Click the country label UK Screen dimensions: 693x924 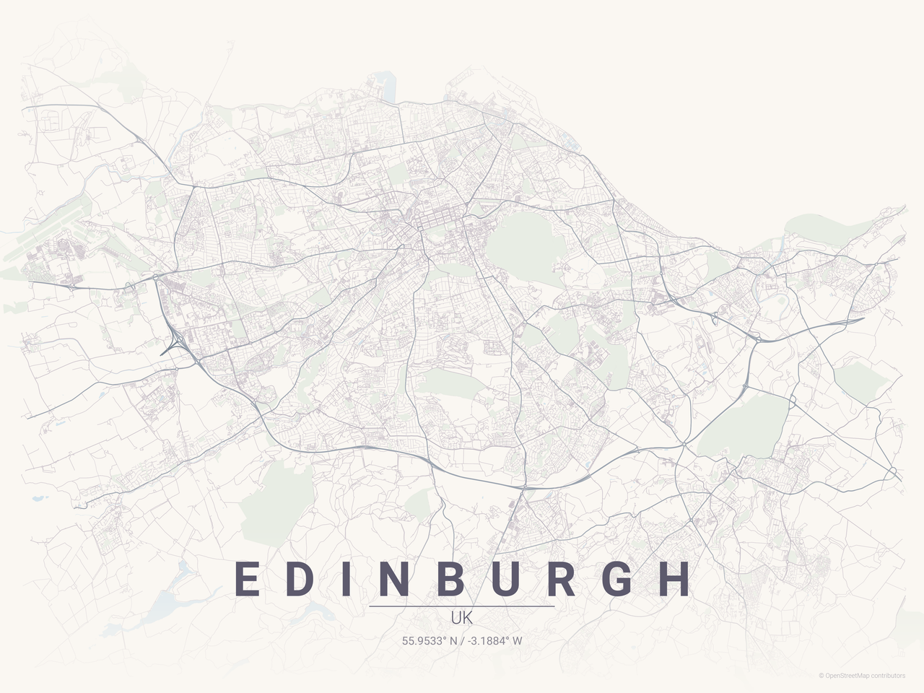pyautogui.click(x=462, y=619)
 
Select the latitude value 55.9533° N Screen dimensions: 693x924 pyautogui.click(x=430, y=640)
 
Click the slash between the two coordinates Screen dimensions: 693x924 pyautogui.click(x=462, y=640)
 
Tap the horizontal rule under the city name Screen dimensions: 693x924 pyautogui.click(x=462, y=606)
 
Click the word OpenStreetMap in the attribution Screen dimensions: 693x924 pyautogui.click(x=847, y=676)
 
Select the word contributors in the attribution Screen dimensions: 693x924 pyautogui.click(x=888, y=676)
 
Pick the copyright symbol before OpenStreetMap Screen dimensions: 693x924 pyautogui.click(x=821, y=676)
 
